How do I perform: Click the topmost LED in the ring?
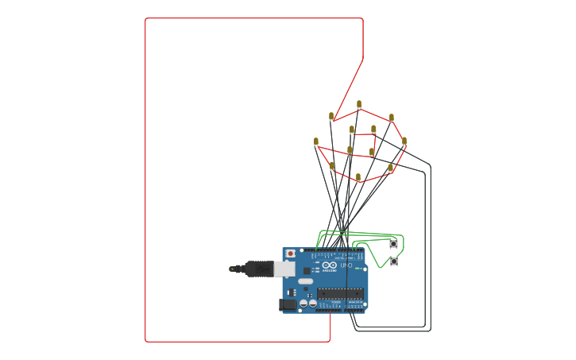(359, 104)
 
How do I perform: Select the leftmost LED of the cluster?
(315, 141)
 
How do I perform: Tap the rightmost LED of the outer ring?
(404, 141)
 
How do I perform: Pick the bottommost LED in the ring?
(358, 177)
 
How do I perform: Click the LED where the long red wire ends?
(331, 116)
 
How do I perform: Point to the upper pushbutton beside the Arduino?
(393, 244)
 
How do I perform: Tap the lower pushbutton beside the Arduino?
(393, 261)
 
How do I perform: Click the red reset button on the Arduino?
(290, 254)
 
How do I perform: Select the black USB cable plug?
(258, 269)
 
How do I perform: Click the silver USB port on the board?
(284, 269)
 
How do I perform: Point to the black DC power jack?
(288, 304)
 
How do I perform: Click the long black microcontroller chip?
(340, 293)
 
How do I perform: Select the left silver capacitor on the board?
(303, 303)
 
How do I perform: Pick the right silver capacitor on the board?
(312, 303)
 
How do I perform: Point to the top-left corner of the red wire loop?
(146, 19)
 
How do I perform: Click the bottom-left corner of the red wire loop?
(146, 341)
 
